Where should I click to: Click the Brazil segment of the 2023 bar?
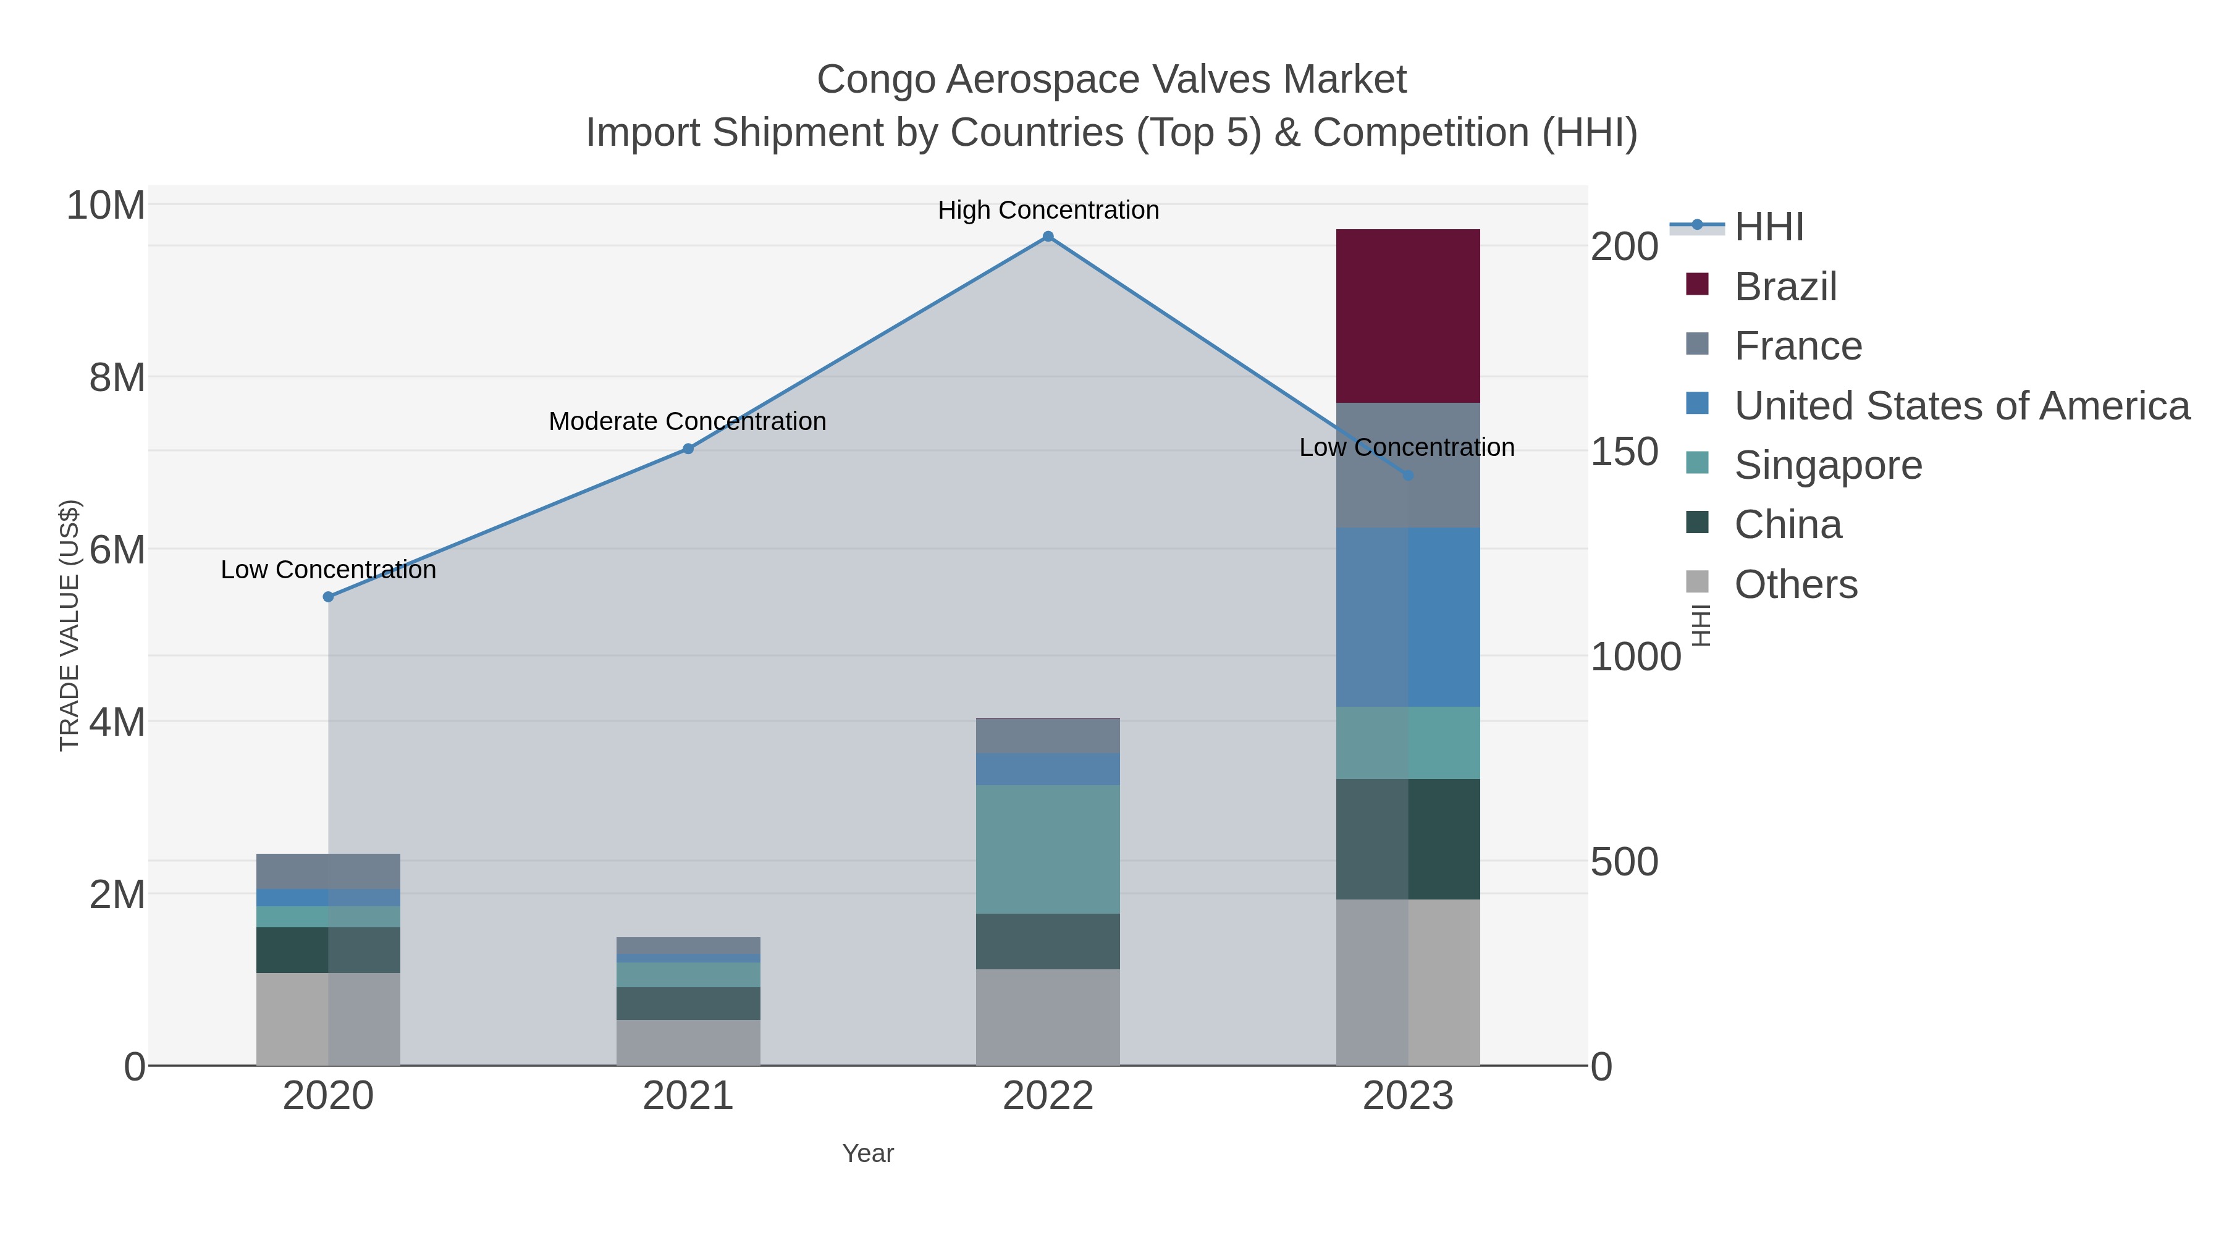(x=1407, y=316)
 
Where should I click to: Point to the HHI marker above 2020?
(x=328, y=597)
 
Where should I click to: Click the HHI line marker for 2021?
(x=688, y=449)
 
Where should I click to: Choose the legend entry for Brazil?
(x=1785, y=287)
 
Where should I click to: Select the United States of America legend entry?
(x=1961, y=406)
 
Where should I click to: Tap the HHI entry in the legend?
(x=1768, y=227)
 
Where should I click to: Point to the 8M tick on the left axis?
(x=117, y=378)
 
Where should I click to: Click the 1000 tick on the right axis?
(x=1635, y=657)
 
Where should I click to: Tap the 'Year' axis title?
(x=868, y=1153)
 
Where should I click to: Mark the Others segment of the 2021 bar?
(x=688, y=1042)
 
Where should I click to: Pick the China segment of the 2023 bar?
(x=1407, y=839)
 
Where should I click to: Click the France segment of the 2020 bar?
(x=328, y=871)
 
